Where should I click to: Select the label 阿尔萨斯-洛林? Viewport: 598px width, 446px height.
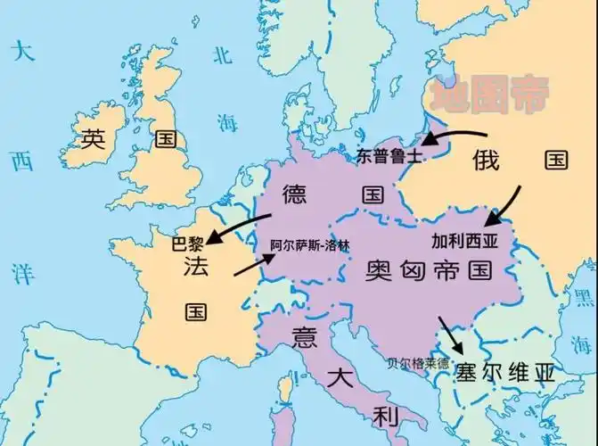tap(309, 244)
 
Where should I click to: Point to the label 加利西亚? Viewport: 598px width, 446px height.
tap(463, 240)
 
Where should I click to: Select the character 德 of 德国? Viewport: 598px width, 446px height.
tap(295, 194)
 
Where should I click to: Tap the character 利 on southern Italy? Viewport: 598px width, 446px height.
tap(383, 416)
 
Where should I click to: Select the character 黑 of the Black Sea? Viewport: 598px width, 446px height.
tap(585, 297)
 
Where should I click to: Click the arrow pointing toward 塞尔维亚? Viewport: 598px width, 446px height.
tap(450, 334)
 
